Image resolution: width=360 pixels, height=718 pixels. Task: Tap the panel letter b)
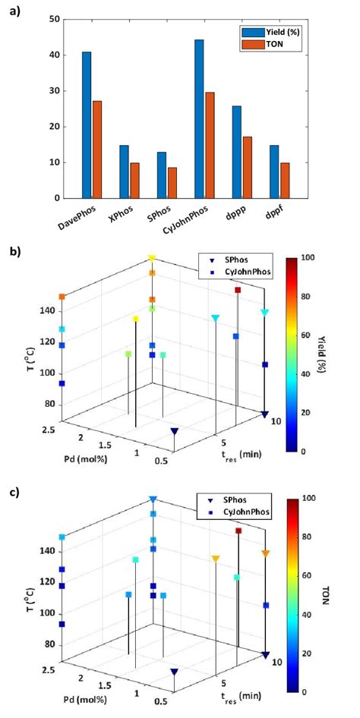16,248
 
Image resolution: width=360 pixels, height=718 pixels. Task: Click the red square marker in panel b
238,290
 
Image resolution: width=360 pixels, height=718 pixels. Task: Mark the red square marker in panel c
238,531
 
